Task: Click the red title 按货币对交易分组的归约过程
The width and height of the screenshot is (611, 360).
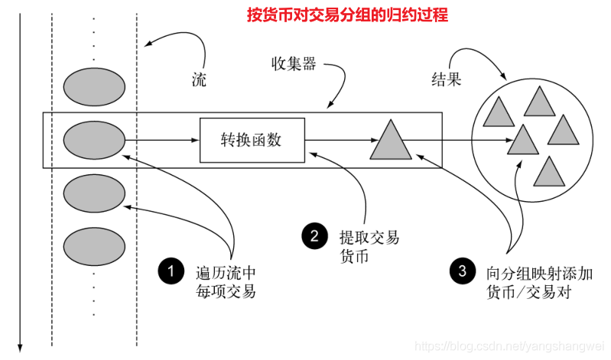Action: coord(347,15)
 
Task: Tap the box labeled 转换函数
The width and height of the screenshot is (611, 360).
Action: coord(252,140)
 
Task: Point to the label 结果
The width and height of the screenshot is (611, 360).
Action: coord(446,79)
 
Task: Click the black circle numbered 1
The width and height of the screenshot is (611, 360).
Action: coord(171,271)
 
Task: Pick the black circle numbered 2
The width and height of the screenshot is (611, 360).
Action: coord(314,236)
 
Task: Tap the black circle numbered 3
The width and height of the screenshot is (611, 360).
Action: coord(462,271)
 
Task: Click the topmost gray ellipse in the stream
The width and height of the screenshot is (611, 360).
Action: coord(94,86)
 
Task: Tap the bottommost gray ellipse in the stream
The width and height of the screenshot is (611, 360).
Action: coord(94,246)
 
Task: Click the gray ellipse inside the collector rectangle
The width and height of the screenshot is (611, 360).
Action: coord(94,141)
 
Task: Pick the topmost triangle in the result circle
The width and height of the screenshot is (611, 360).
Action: coord(538,101)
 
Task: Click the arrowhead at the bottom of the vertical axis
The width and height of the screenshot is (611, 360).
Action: coord(21,347)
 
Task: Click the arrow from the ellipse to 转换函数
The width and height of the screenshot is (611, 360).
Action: coord(161,141)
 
